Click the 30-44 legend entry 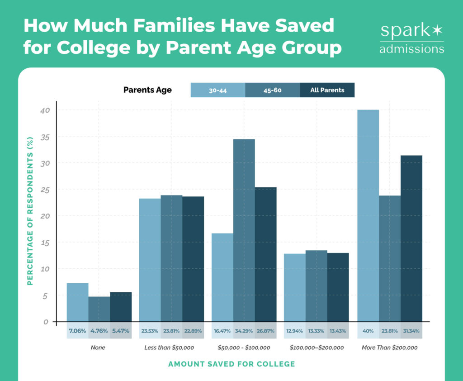[x=218, y=90]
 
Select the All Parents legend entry [x=327, y=90]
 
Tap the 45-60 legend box [x=273, y=90]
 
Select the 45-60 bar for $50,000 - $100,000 [x=244, y=230]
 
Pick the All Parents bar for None [x=121, y=307]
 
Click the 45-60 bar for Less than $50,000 [x=171, y=258]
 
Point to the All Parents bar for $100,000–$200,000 [x=338, y=287]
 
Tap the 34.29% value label [x=244, y=331]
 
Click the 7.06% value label [x=77, y=331]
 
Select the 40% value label [x=368, y=331]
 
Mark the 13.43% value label [x=338, y=331]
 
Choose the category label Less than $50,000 [x=171, y=348]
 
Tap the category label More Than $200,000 [x=390, y=348]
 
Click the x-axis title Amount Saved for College [x=231, y=364]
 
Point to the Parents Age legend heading [x=147, y=90]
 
